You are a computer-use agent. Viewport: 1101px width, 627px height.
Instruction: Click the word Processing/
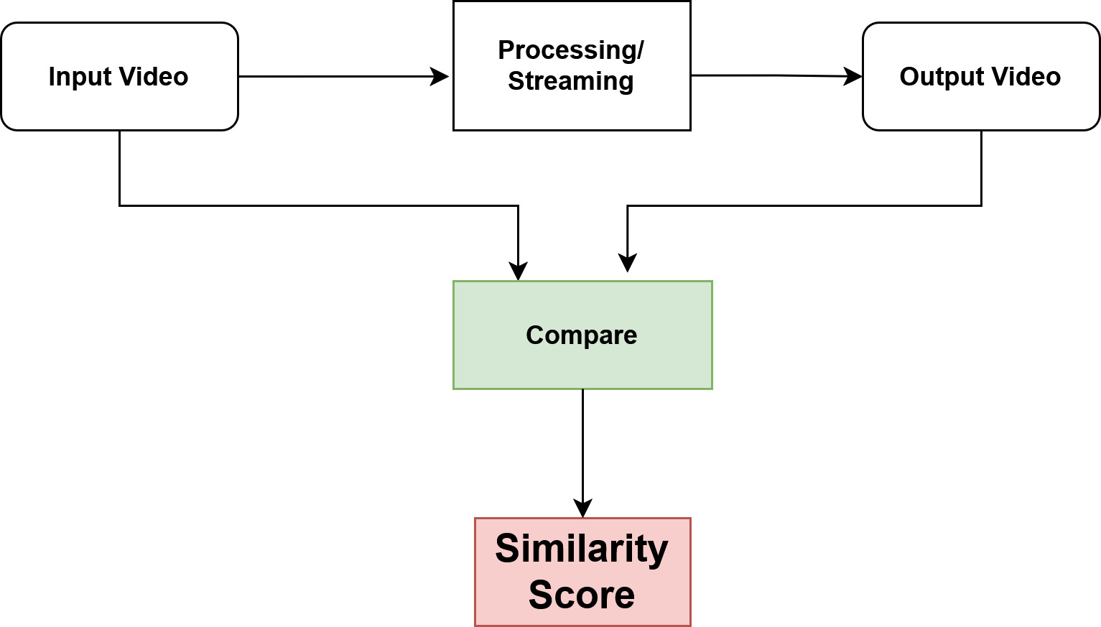pyautogui.click(x=571, y=50)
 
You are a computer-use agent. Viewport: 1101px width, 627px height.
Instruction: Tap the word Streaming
pyautogui.click(x=571, y=81)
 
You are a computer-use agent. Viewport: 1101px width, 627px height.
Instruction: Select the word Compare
pyautogui.click(x=582, y=335)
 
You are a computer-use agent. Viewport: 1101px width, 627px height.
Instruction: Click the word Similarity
pyautogui.click(x=582, y=549)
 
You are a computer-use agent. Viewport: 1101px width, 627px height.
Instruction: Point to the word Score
pyautogui.click(x=582, y=595)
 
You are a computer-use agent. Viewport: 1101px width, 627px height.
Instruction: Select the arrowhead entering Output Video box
pyautogui.click(x=853, y=76)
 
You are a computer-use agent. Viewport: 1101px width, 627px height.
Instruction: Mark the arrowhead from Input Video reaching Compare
pyautogui.click(x=518, y=271)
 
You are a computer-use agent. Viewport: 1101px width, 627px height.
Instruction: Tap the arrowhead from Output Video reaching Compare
pyautogui.click(x=628, y=264)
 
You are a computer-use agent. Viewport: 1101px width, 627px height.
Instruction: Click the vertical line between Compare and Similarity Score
pyautogui.click(x=582, y=445)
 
